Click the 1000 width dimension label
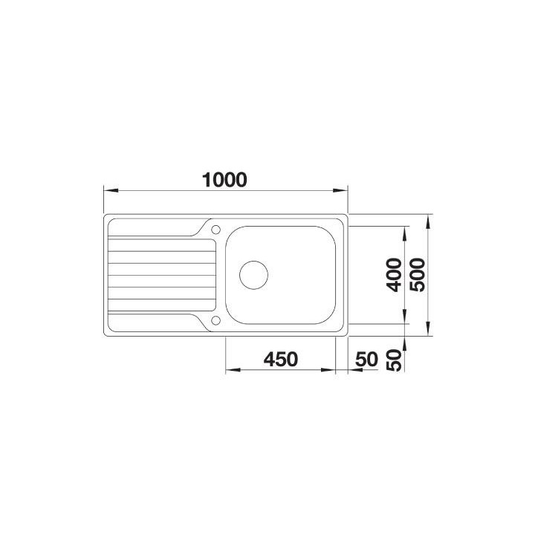click(x=224, y=180)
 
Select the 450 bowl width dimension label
click(x=280, y=360)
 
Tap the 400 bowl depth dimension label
click(x=395, y=275)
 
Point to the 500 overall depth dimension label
click(x=418, y=275)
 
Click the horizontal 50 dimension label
click(x=366, y=360)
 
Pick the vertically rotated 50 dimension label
click(x=395, y=360)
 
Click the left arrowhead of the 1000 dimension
click(x=111, y=190)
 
